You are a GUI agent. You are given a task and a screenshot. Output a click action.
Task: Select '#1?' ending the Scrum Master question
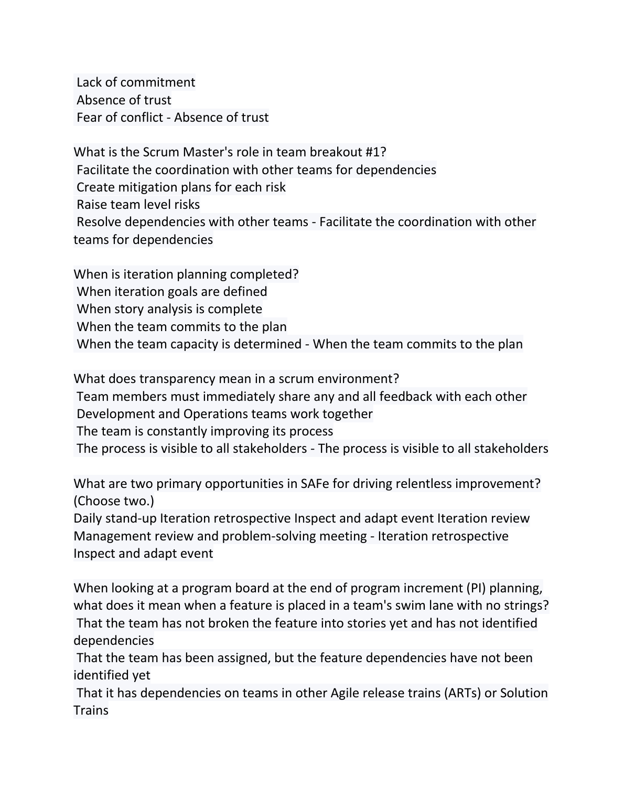[x=375, y=152]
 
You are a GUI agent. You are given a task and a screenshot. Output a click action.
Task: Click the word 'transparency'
[x=177, y=379]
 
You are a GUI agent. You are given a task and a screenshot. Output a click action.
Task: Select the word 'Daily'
[x=88, y=518]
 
